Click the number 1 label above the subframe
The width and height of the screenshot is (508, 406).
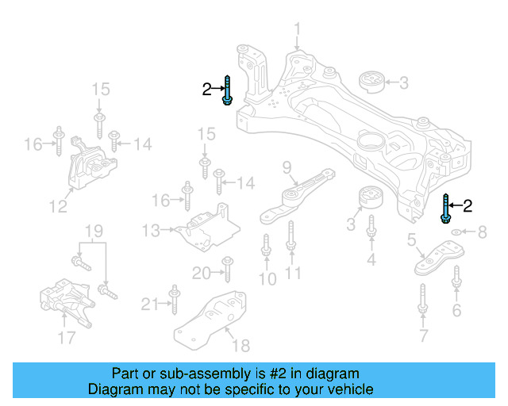tap(298, 33)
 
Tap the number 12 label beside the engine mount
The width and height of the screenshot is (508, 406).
tap(58, 207)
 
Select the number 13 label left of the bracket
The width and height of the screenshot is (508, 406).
tap(152, 230)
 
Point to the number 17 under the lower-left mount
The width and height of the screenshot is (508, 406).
tap(67, 338)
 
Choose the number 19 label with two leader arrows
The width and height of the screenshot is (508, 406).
tap(94, 232)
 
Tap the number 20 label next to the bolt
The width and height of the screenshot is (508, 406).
tap(201, 274)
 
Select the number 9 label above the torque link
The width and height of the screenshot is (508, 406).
tap(287, 167)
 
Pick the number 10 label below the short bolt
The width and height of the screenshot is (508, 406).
tap(267, 278)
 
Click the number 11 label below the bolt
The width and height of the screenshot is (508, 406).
tap(294, 274)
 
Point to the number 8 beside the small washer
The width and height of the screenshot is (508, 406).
tap(482, 232)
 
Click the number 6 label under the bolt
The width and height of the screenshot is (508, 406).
tap(456, 310)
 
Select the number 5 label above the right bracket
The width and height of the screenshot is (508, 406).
tap(412, 240)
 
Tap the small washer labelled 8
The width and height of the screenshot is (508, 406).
tap(458, 232)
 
